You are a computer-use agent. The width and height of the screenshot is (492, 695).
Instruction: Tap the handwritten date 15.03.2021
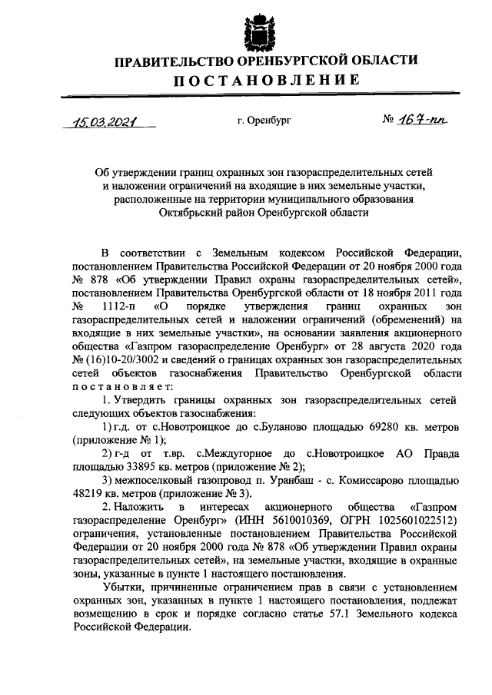100,121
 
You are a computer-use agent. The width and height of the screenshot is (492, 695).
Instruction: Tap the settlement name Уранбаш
277,479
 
